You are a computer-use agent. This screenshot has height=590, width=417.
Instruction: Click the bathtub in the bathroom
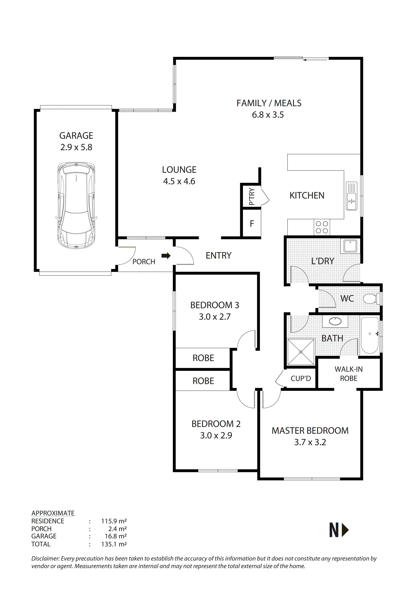(x=370, y=336)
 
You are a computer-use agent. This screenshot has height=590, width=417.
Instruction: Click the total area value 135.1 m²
(x=114, y=544)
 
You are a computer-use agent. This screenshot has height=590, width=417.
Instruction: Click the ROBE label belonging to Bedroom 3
(x=203, y=358)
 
